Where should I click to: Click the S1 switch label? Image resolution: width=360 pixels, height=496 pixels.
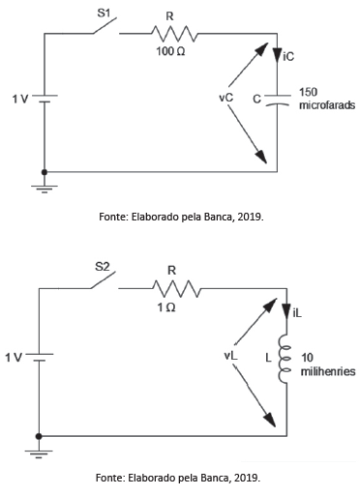click(104, 14)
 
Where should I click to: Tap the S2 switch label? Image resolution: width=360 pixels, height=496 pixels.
click(103, 267)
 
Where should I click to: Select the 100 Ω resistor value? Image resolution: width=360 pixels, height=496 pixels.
click(170, 51)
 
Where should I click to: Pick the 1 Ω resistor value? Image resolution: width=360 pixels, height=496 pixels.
click(166, 307)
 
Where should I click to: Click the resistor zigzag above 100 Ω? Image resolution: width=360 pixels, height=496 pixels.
click(174, 34)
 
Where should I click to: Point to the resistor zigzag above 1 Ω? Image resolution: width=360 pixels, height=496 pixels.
click(176, 289)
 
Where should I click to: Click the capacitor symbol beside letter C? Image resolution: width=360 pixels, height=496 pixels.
click(278, 101)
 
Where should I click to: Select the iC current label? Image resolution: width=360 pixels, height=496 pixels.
click(288, 57)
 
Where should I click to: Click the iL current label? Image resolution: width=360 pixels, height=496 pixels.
click(297, 313)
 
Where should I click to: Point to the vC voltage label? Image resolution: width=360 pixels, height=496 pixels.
click(225, 98)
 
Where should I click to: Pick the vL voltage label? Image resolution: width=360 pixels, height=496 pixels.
click(231, 356)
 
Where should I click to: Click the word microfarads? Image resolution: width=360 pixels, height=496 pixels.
click(327, 105)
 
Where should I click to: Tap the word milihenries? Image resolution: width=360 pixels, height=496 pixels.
click(328, 371)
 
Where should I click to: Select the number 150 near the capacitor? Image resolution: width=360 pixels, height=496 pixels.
click(308, 92)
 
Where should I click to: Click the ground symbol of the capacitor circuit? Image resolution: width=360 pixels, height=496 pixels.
click(45, 189)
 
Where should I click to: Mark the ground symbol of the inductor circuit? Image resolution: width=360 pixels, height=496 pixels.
click(39, 453)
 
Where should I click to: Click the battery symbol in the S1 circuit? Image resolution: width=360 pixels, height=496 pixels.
click(45, 99)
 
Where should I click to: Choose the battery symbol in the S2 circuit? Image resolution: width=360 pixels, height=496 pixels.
click(39, 357)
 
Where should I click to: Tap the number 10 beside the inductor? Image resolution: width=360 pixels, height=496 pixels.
click(307, 358)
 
